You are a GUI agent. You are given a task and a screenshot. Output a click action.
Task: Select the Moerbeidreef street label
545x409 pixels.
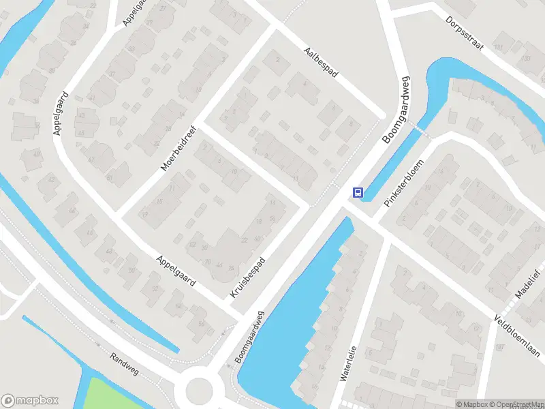(x=178, y=148)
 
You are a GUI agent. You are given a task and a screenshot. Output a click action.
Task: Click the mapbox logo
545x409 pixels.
(x=30, y=400)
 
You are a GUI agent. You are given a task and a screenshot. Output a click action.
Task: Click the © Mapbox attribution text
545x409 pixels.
(x=472, y=404)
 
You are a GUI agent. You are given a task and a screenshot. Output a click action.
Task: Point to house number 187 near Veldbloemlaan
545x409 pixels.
(x=499, y=348)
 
